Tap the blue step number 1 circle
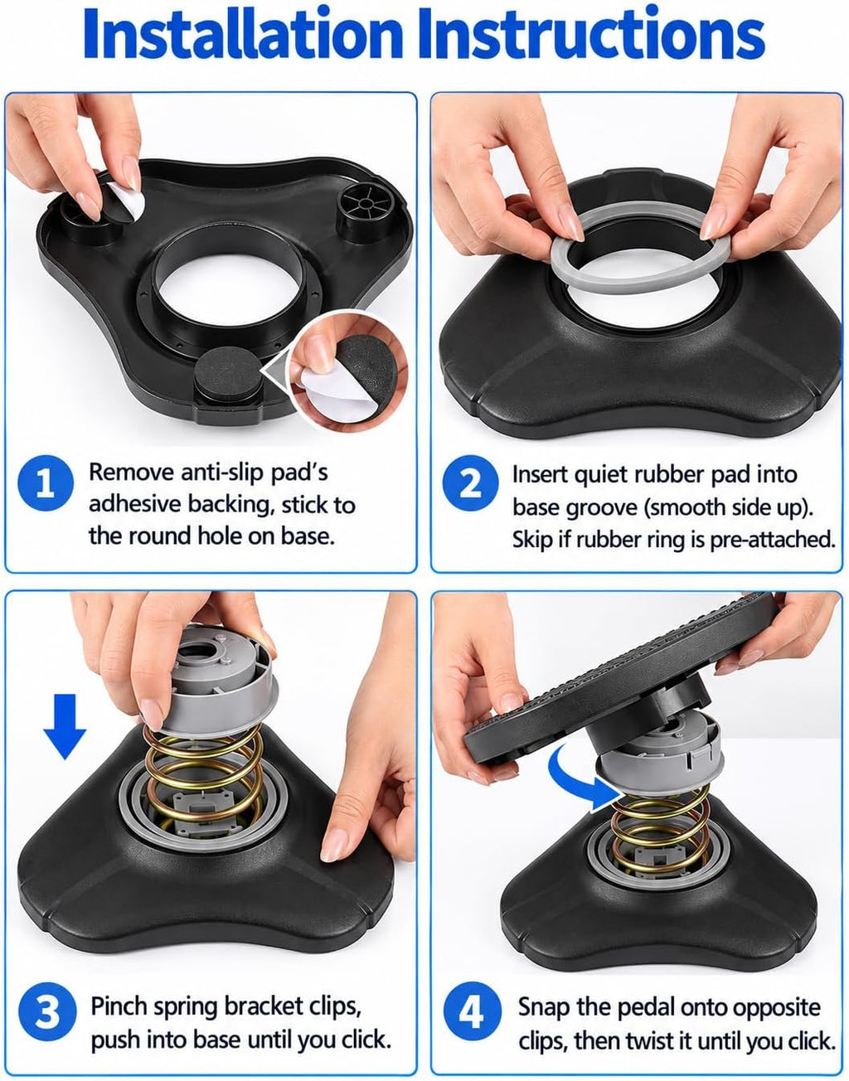point(46,482)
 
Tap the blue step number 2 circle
point(470,482)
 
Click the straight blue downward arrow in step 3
point(65,727)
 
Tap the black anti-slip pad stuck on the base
point(227,371)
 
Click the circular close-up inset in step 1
point(348,371)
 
